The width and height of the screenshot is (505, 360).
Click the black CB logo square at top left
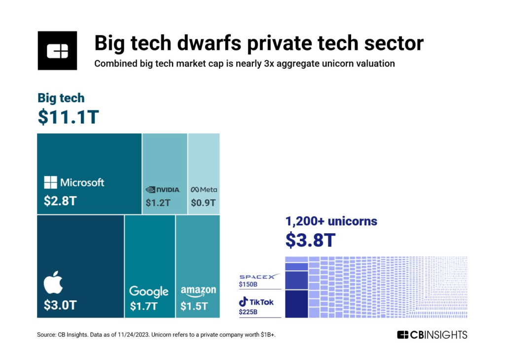point(57,51)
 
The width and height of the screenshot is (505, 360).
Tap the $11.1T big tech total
point(69,118)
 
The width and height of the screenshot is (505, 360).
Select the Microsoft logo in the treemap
point(74,182)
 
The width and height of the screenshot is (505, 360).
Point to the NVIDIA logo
point(163,189)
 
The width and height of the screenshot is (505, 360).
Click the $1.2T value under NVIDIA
point(158,203)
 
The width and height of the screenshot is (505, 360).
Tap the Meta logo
point(204,189)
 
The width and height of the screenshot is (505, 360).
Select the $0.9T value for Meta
point(203,203)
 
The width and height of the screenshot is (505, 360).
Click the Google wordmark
point(149,291)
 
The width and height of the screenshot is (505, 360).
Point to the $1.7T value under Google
point(144,306)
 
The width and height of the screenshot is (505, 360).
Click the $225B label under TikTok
point(249,312)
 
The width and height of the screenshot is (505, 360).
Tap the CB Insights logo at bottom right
point(432,335)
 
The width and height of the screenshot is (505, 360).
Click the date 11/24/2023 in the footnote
point(131,335)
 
